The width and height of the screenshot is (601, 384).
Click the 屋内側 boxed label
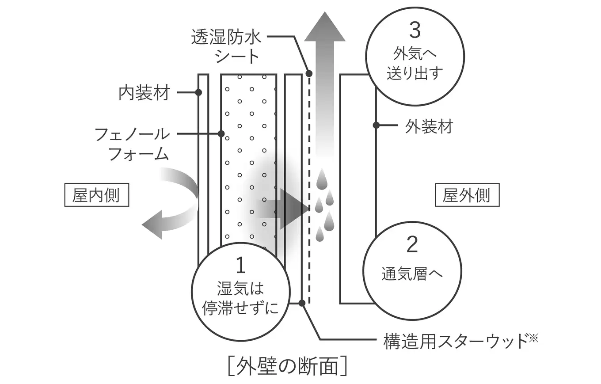pos(96,195)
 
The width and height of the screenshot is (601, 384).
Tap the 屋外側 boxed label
pos(467,195)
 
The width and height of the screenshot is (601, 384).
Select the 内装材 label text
pos(144,93)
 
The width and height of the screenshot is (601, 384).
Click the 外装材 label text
pos(429,127)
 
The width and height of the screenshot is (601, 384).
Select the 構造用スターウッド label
pos(460,341)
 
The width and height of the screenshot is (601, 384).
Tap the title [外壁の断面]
pos(287,366)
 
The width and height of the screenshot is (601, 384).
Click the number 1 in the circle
pos(240,265)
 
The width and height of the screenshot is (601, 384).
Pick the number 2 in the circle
pos(412,244)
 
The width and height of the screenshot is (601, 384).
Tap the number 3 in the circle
pos(415,30)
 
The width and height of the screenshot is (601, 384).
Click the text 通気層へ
pos(412,274)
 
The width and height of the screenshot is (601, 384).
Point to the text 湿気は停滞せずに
pos(240,299)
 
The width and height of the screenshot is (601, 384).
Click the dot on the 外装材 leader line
pos(376,125)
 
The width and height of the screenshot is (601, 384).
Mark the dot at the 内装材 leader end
pos(198,92)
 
